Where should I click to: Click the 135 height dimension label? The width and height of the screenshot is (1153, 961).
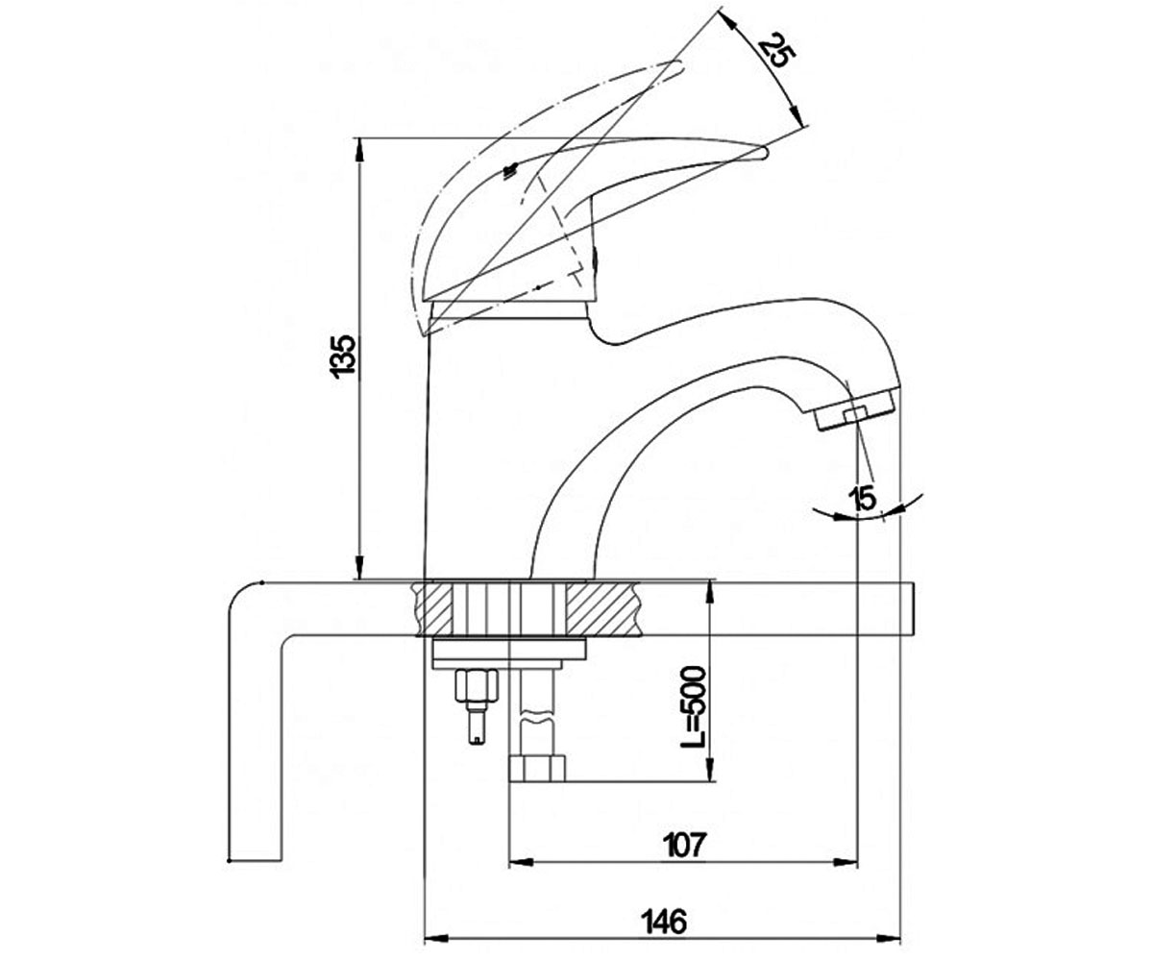(343, 356)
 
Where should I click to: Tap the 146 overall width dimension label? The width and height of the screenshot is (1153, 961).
(664, 922)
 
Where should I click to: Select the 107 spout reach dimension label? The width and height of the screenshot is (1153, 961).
(684, 845)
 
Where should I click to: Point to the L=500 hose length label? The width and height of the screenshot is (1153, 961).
(693, 707)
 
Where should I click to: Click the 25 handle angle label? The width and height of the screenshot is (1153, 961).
(776, 50)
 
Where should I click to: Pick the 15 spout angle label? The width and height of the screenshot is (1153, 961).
(864, 498)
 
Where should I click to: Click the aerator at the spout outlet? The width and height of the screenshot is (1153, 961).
(855, 409)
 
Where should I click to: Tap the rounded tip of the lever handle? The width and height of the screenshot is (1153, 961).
(763, 153)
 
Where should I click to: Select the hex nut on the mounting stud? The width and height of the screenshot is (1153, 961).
(477, 685)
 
